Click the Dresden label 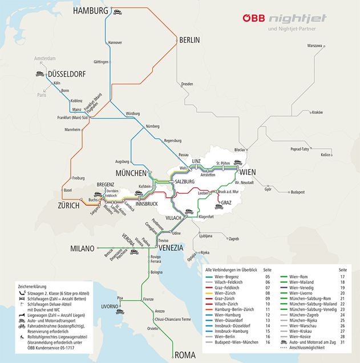tap(187, 84)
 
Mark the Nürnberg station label tap(153, 126)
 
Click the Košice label tap(326, 154)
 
